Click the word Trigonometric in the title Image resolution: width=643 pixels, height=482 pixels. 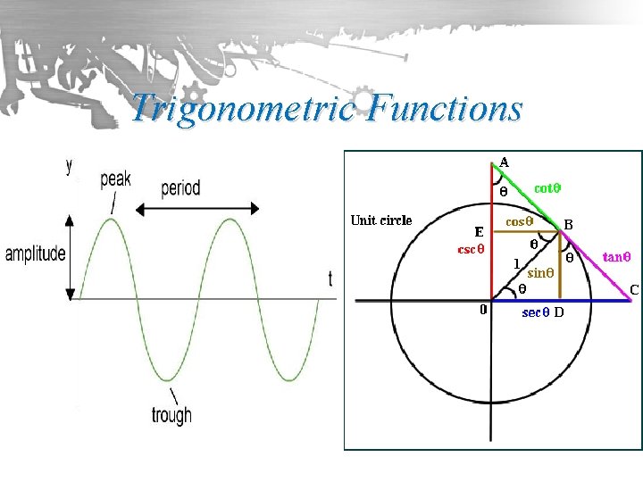pos(244,109)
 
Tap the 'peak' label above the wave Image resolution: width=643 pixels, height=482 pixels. pos(115,179)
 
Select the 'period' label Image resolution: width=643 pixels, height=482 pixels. pos(180,188)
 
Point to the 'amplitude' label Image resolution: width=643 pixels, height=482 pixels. pos(35,253)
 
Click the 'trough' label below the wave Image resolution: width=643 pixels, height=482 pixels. pos(171,415)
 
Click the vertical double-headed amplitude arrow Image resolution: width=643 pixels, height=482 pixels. pos(69,255)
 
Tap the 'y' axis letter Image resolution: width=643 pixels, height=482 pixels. pos(70,165)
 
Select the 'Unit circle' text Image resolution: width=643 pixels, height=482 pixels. pos(381,220)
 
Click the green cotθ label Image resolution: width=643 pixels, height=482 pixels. pos(547,188)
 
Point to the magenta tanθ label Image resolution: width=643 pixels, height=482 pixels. pos(617,256)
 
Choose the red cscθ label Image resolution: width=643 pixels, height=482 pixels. pos(471,249)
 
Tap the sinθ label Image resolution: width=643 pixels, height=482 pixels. pos(542,273)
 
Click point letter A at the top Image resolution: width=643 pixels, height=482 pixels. pos(505,162)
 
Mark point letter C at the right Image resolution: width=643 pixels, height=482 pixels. pos(634,289)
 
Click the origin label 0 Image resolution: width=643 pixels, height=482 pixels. pos(482,310)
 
